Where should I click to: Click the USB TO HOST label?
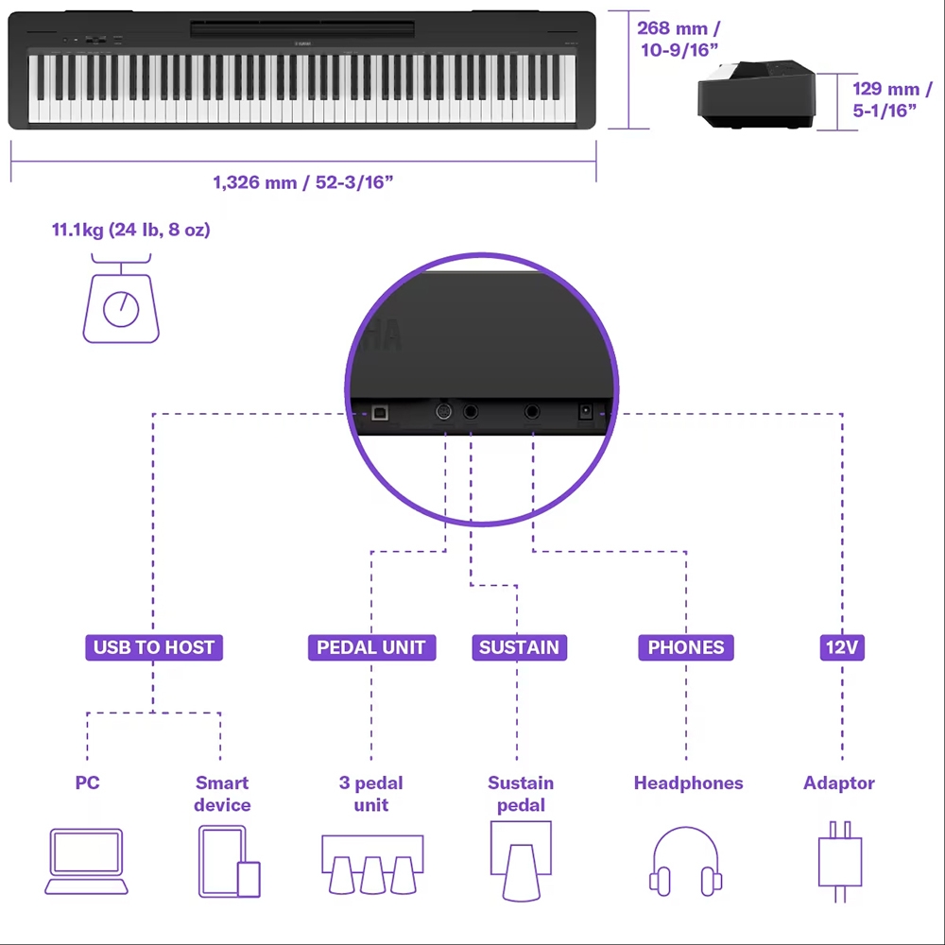pos(154,647)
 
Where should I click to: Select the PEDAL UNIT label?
pos(371,647)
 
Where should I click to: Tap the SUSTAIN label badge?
pos(519,647)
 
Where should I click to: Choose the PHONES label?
pos(686,647)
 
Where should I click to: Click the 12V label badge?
pos(842,647)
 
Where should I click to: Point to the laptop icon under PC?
pos(86,861)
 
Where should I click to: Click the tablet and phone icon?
pos(229,861)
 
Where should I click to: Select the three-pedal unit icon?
pos(372,865)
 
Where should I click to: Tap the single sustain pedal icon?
pos(521,861)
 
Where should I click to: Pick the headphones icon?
pos(685,861)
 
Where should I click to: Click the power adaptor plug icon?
pos(840,861)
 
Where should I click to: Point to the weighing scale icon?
pos(121,299)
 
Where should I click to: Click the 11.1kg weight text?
pos(130,230)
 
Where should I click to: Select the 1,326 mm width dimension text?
pos(303,182)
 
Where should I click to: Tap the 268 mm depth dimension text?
pos(679,39)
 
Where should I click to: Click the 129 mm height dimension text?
pos(892,99)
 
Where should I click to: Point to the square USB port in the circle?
pos(380,412)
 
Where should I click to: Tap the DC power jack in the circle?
pos(585,412)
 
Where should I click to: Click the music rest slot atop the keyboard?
pos(302,28)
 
